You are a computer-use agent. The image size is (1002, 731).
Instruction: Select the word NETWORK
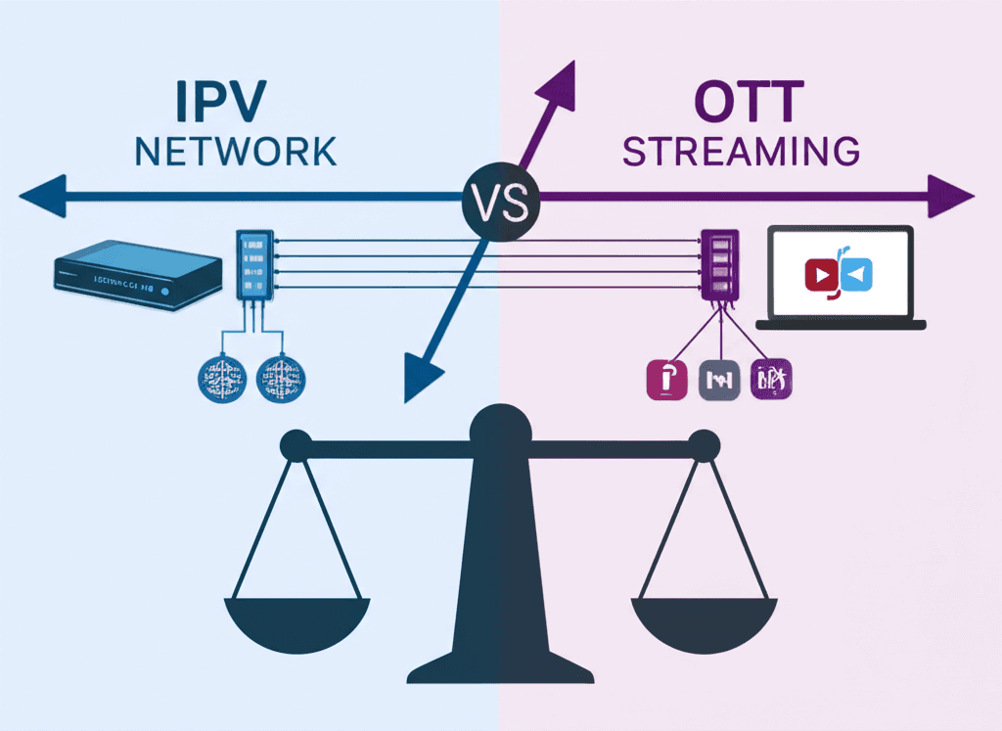coord(234,153)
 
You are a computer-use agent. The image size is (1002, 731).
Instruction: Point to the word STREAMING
coord(742,153)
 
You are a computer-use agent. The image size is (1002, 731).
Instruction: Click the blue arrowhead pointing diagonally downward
coord(424,376)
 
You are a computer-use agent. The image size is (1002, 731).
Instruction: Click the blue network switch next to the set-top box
coord(253,264)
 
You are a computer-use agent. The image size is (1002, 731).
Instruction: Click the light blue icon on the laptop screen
coord(855,276)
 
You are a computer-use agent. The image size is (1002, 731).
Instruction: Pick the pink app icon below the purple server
coord(669,380)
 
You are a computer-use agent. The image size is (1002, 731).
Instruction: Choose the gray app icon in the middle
coord(721,380)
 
